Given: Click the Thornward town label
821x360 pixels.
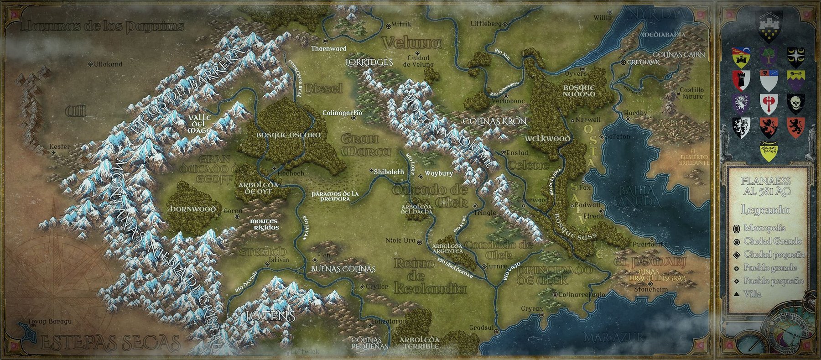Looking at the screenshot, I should click(328, 48).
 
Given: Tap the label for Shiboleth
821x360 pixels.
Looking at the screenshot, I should click(389, 172).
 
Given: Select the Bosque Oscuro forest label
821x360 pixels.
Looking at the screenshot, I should click(288, 135).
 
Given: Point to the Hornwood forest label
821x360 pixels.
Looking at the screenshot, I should click(192, 209).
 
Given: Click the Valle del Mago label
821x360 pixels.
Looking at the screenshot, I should click(199, 124).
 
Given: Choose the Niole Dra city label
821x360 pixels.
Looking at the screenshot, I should click(400, 240).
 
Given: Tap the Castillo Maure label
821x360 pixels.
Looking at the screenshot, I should click(691, 93).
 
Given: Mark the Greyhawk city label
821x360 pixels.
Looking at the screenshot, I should click(643, 62).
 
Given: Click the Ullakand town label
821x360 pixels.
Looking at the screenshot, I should click(108, 64).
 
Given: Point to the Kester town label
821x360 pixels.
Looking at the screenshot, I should click(60, 146).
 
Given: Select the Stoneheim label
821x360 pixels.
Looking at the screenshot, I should click(651, 289).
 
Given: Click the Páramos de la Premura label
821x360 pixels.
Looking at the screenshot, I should click(335, 196).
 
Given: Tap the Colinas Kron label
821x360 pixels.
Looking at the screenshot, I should click(494, 122).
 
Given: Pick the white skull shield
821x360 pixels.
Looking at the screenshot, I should click(796, 104).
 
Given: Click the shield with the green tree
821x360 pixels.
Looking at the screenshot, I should click(769, 57).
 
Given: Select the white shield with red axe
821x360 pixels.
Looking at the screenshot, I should click(769, 104).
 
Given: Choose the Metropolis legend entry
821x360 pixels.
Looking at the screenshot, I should click(764, 228).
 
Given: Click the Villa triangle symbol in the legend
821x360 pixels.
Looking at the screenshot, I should click(736, 294).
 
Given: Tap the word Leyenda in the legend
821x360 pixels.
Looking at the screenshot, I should click(765, 210).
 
